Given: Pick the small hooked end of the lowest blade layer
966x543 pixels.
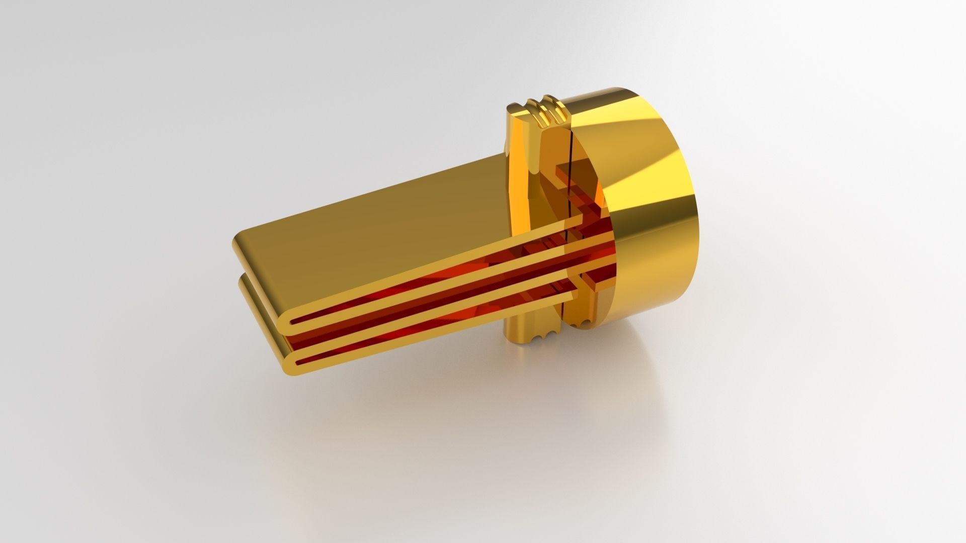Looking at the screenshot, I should click(589, 287).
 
